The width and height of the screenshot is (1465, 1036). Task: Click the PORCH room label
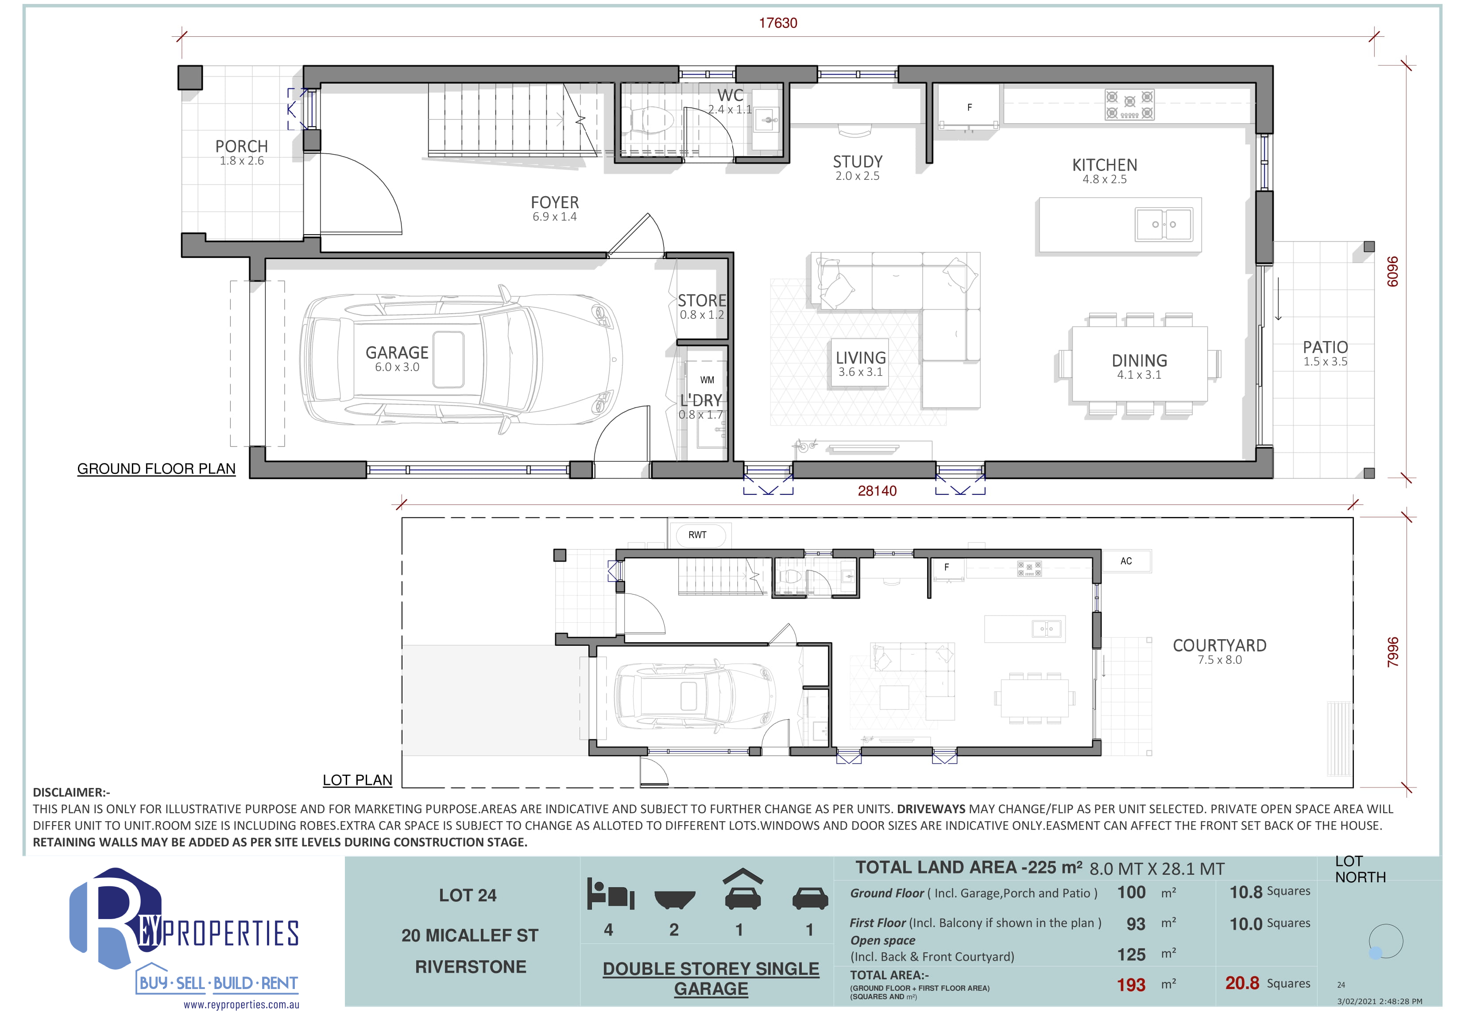(241, 146)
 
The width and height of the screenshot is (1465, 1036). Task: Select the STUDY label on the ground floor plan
(858, 162)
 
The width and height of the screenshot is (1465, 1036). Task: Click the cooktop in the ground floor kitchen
(1129, 105)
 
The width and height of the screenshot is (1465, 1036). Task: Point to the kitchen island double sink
(1164, 225)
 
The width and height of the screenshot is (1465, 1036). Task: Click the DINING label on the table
(1139, 361)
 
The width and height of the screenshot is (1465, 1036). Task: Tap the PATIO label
(1325, 347)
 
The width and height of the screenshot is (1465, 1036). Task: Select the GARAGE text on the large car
(397, 353)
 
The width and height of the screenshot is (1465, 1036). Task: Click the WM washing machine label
(707, 380)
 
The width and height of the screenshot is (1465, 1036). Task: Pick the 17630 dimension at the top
(778, 23)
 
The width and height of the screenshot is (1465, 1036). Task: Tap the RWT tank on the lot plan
(697, 535)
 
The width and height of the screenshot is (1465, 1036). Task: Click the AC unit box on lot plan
(1126, 561)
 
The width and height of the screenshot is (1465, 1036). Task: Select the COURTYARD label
(1219, 645)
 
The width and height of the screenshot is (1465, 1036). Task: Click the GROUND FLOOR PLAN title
(156, 469)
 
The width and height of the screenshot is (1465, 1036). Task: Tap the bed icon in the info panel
(610, 894)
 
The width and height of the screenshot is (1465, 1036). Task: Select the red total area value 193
(1131, 985)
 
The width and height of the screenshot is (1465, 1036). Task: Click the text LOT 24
(468, 895)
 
